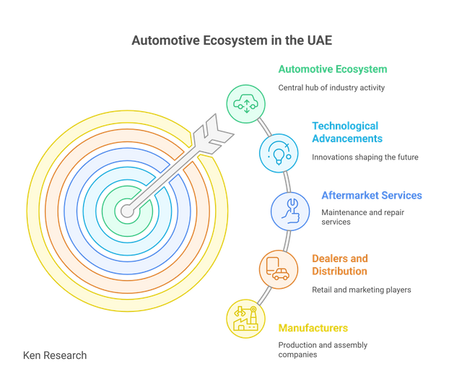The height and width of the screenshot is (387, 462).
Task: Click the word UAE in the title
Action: click(320, 40)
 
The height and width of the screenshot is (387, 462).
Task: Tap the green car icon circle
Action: click(245, 104)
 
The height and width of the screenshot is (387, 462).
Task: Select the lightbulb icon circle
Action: click(279, 153)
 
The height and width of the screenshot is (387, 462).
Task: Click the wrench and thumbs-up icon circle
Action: click(290, 212)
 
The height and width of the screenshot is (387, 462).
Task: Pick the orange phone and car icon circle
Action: click(279, 269)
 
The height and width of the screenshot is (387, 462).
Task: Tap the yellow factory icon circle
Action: click(245, 318)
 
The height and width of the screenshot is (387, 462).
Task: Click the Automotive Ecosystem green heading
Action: click(333, 69)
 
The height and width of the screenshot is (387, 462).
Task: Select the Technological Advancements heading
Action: click(347, 132)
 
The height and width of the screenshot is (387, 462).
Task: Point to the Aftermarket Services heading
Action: click(372, 196)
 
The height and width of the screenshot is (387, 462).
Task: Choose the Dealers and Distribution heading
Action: click(340, 265)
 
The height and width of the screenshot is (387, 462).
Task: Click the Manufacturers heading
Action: click(313, 328)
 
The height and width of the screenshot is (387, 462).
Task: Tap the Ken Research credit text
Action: click(55, 355)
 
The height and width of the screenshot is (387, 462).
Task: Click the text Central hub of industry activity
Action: click(331, 88)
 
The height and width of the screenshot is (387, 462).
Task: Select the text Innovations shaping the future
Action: click(365, 157)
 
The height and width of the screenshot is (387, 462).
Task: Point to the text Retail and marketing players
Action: click(362, 290)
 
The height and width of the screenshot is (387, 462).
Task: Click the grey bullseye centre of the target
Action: click(127, 211)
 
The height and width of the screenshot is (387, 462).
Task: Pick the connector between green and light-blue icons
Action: click(264, 127)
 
